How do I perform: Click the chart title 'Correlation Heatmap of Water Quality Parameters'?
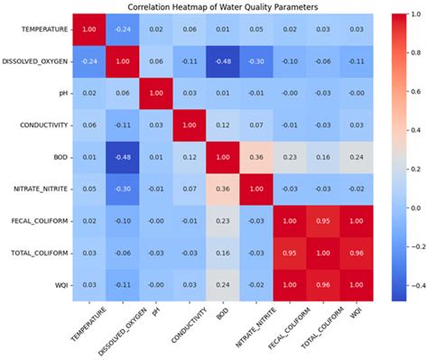[213, 7]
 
